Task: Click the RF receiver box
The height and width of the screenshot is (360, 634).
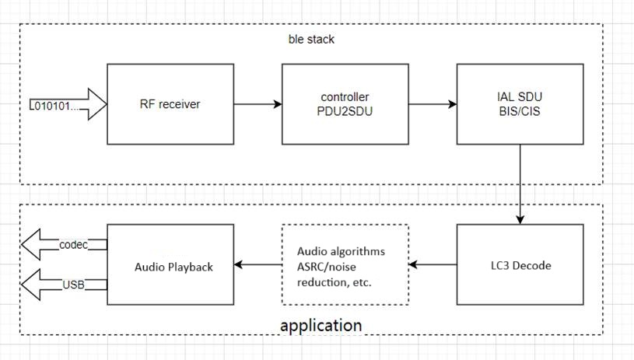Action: [170, 104]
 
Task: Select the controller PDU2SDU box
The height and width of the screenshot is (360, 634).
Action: [345, 104]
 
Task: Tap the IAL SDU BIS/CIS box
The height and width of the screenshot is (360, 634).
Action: [520, 104]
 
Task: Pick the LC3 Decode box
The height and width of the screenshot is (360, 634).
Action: [520, 265]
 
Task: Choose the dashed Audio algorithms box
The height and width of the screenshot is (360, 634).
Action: [345, 265]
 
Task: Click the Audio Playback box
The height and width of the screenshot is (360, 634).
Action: [170, 265]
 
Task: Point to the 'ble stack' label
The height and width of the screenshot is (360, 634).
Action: [310, 38]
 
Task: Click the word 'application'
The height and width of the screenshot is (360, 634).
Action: [321, 324]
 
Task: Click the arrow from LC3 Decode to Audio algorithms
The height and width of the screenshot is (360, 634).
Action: [433, 265]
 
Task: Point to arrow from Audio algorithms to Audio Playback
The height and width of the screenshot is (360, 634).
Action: [257, 265]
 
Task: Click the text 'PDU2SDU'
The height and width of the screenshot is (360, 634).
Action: [345, 111]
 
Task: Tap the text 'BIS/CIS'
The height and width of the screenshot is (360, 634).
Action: [520, 111]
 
